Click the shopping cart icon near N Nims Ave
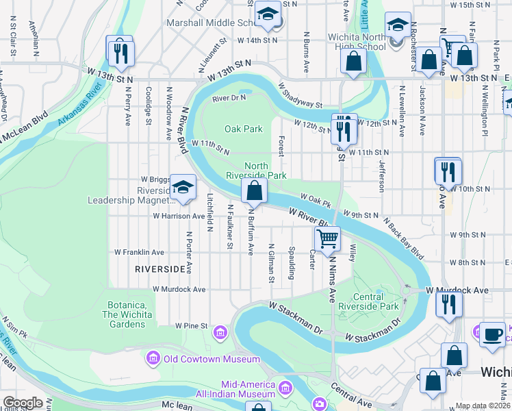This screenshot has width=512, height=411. [328, 238]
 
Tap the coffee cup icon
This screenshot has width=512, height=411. [491, 334]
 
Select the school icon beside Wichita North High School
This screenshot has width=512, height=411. [398, 25]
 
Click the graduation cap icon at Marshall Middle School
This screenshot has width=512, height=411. [267, 14]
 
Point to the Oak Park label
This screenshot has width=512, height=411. [244, 129]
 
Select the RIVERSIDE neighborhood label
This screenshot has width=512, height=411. [160, 269]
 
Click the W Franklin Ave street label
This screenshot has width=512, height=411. [140, 252]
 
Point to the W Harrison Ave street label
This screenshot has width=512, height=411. [179, 216]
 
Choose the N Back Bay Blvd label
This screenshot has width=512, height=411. [405, 239]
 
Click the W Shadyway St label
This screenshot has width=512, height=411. [300, 97]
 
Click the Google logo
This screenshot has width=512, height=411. [23, 403]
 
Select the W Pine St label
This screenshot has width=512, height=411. [191, 325]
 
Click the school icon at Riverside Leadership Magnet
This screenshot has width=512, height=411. [183, 186]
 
